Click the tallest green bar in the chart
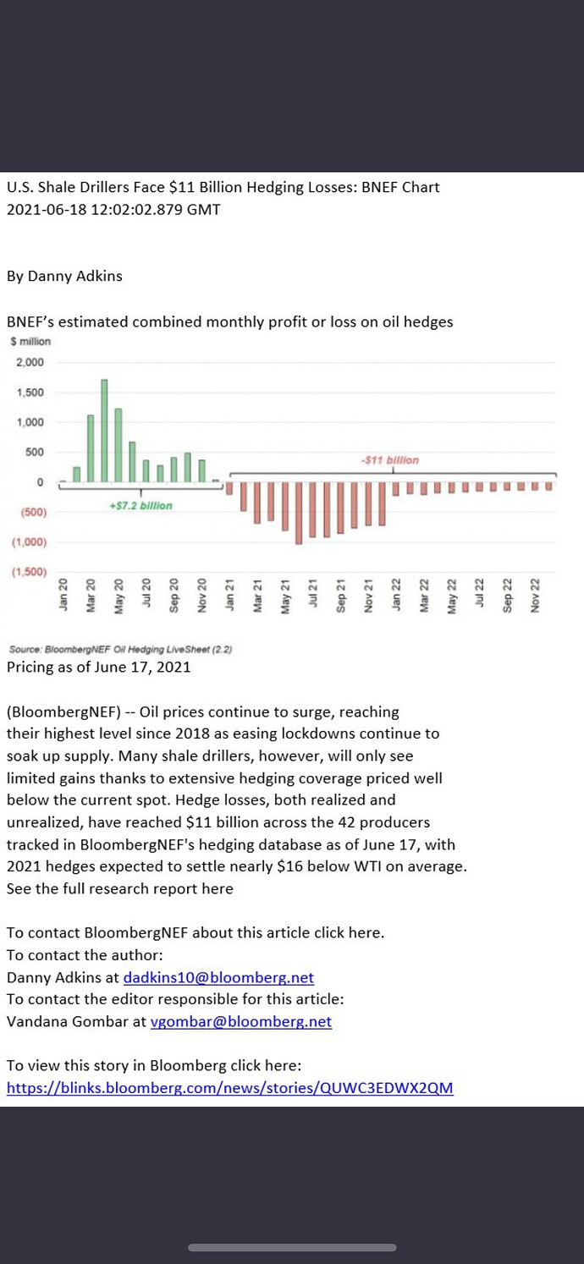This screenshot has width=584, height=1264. [104, 430]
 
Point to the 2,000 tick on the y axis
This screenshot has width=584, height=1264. [30, 363]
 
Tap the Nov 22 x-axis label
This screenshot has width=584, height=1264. [535, 595]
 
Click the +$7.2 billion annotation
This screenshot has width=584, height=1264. [140, 505]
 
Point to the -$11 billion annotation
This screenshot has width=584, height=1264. [389, 460]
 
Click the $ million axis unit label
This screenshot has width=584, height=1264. [30, 342]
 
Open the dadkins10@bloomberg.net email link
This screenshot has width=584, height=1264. [218, 977]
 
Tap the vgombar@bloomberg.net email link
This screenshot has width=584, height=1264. [240, 1021]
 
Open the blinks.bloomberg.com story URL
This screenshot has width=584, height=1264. [229, 1087]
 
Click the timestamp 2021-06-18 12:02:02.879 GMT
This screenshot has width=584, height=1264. [113, 209]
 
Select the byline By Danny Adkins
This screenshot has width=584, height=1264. [64, 276]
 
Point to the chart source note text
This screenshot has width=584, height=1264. [120, 649]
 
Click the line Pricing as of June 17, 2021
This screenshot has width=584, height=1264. [98, 667]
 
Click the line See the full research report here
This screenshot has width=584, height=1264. [119, 888]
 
